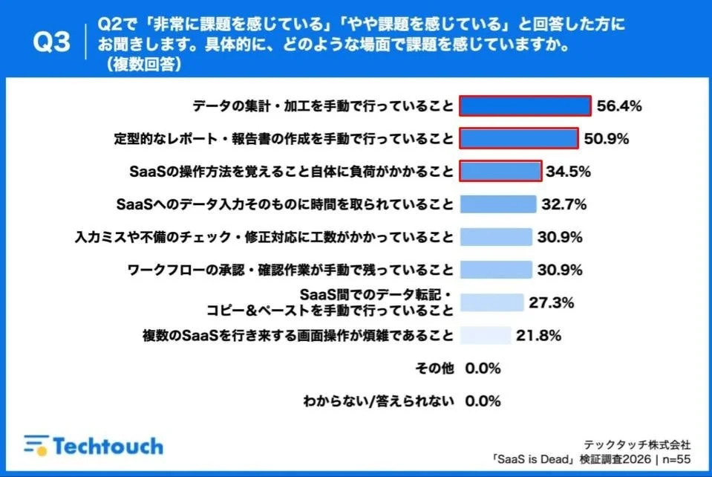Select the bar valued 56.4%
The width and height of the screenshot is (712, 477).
point(525,106)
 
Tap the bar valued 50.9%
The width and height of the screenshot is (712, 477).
point(518,138)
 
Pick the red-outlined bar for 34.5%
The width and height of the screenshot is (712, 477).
point(500,172)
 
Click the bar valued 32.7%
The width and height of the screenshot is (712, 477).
point(497,204)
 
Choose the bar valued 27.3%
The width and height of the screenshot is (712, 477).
point(491,302)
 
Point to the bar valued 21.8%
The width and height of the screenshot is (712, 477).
point(485,335)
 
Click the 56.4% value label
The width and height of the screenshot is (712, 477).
point(619,106)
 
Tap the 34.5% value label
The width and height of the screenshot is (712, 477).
point(568,172)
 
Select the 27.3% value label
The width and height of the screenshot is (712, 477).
point(551,302)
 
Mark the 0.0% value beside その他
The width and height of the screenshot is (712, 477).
point(483,369)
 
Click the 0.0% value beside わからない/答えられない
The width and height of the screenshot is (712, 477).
point(483,401)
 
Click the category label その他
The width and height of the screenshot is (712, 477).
point(435,369)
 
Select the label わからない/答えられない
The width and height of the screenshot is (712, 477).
point(378,401)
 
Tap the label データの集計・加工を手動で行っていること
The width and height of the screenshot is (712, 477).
point(322,106)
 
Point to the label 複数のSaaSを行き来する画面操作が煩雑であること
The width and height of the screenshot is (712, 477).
point(298,335)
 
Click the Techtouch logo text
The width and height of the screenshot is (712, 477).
point(108,446)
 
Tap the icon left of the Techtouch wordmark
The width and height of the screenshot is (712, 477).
point(34,445)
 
